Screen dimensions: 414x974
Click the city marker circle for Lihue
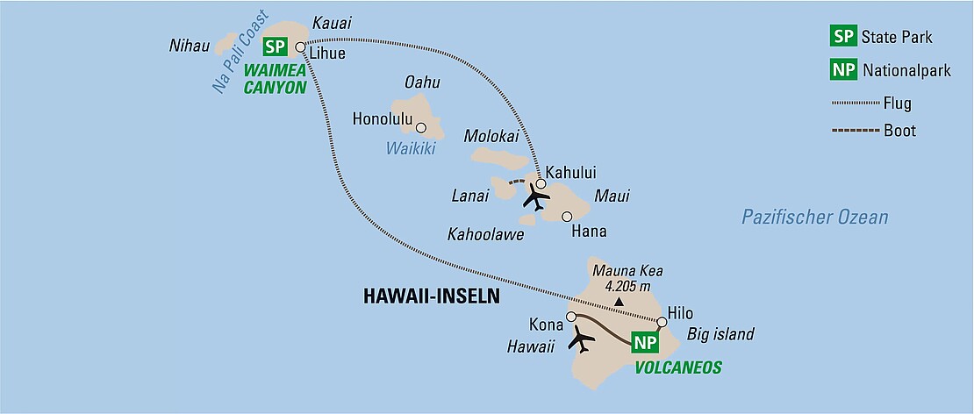click(x=300, y=47)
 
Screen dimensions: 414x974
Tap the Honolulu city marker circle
click(x=421, y=127)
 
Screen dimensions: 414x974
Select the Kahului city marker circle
click(x=541, y=184)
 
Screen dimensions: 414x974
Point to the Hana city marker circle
click(x=567, y=216)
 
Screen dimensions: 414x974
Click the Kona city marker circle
click(x=571, y=317)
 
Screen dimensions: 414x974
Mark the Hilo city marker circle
click(x=662, y=322)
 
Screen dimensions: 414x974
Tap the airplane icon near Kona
click(x=580, y=338)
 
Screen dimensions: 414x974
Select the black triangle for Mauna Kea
click(x=619, y=303)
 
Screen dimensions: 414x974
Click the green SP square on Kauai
click(x=275, y=47)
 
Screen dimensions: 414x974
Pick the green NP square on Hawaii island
click(x=644, y=343)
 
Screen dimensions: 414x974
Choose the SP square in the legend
click(x=844, y=37)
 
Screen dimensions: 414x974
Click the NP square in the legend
click(x=844, y=69)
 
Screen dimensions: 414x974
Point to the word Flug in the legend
click(x=899, y=103)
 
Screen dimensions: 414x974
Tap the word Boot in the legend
click(x=900, y=131)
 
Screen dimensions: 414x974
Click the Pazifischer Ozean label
click(x=814, y=218)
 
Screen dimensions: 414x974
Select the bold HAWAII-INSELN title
click(x=431, y=297)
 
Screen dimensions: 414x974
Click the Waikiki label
click(x=411, y=149)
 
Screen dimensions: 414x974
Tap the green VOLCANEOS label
click(x=678, y=368)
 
